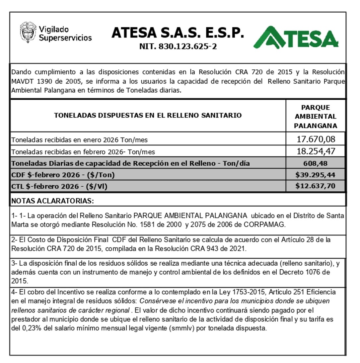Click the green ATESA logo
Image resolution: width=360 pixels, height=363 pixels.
[x=296, y=38]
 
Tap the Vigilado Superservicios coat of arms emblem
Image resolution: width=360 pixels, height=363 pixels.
[x=28, y=32]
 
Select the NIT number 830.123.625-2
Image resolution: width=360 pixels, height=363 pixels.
[x=178, y=46]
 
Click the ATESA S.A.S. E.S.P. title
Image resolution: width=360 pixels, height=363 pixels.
[x=178, y=33]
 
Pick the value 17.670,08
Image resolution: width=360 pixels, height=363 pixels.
[x=316, y=139]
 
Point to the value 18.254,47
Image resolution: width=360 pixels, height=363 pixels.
[x=316, y=151]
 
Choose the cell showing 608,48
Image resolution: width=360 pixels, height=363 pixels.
[x=315, y=163]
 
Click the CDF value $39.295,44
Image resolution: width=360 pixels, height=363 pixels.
[x=315, y=174]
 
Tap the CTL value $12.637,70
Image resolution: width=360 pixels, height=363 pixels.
[x=315, y=186]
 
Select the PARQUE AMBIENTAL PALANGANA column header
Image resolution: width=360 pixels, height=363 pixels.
[x=315, y=117]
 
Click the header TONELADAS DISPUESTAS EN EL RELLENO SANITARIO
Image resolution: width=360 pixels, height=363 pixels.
[x=148, y=115]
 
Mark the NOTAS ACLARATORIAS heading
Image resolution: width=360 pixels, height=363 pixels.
[x=52, y=201]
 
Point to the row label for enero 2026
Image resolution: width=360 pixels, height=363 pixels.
[x=79, y=140]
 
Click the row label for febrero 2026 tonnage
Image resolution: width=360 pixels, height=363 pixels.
[x=83, y=152]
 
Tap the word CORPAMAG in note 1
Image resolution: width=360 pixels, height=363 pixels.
[x=264, y=224]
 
